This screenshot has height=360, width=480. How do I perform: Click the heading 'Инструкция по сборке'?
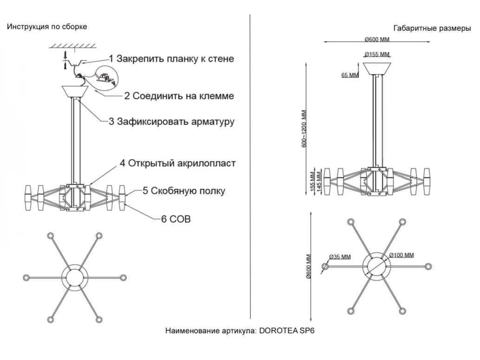tap(47, 27)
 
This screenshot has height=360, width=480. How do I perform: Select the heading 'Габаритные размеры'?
tap(432, 28)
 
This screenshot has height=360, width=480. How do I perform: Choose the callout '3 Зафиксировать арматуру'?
tap(172, 122)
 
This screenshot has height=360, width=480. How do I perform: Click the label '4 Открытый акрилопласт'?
tap(178, 164)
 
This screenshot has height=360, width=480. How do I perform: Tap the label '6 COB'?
tap(176, 219)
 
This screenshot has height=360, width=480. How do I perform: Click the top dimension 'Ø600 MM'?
tap(377, 39)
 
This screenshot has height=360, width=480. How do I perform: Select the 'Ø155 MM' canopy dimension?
tap(377, 54)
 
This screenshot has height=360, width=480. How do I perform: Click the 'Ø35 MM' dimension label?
tap(340, 257)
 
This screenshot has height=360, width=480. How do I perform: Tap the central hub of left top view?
tap(74, 277)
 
